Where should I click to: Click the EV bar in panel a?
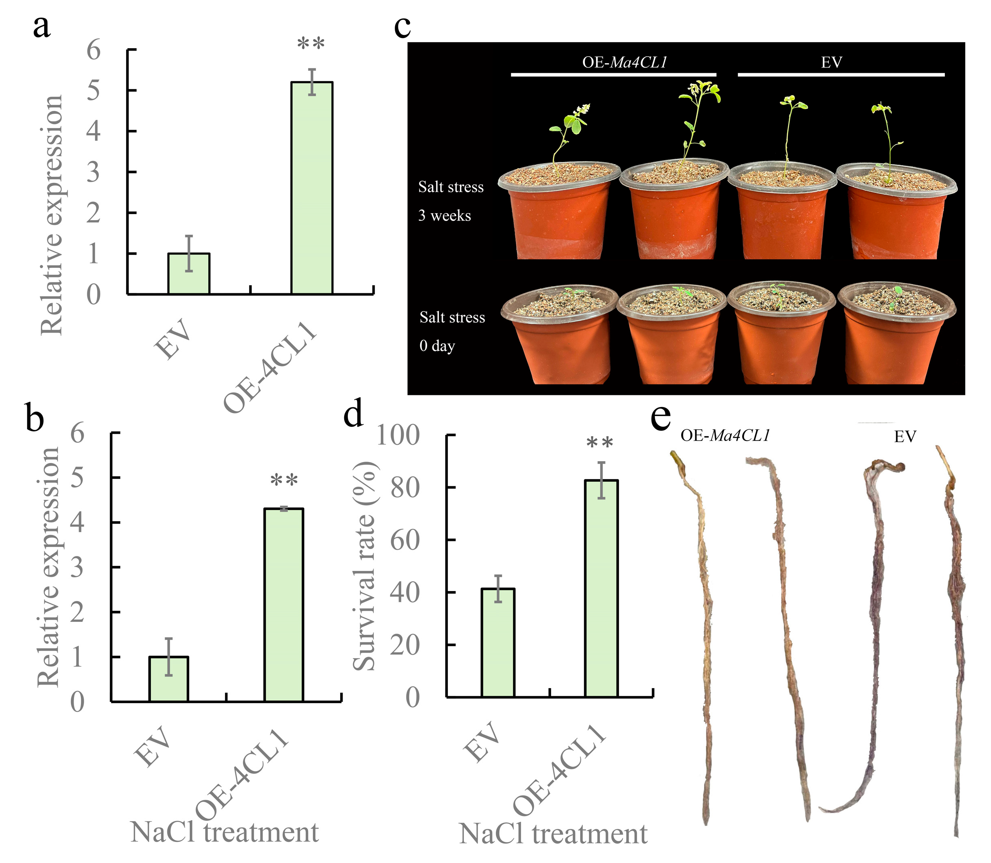click(x=188, y=274)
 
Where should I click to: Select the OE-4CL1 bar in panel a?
click(x=311, y=188)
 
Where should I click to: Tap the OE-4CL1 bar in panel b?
click(x=284, y=605)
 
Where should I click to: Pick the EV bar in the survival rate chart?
click(x=498, y=642)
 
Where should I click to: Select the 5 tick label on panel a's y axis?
click(x=93, y=91)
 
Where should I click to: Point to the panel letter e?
click(x=660, y=417)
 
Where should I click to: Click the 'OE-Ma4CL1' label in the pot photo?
click(x=625, y=63)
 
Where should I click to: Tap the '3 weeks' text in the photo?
click(x=445, y=216)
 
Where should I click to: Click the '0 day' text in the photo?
click(x=437, y=346)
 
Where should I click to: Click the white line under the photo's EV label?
click(x=841, y=74)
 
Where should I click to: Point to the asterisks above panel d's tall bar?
click(x=600, y=442)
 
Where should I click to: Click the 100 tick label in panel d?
click(x=398, y=435)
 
